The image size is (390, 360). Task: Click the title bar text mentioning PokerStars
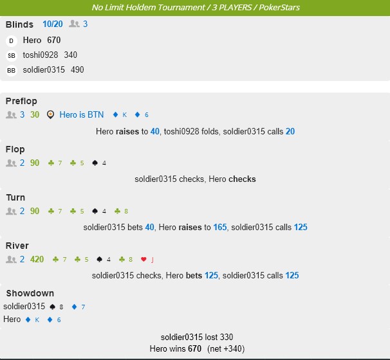(196, 8)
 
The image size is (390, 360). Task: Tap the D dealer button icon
(11, 40)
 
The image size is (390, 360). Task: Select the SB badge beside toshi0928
(11, 55)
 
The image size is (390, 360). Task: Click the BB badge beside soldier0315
(11, 70)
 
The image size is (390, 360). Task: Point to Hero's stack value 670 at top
(53, 40)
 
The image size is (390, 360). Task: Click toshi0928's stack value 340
(70, 55)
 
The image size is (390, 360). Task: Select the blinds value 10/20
(53, 24)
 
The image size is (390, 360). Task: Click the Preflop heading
(21, 101)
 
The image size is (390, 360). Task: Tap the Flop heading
(15, 149)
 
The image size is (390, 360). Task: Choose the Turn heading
(15, 197)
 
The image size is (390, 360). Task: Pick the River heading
(17, 246)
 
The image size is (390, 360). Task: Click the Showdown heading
(30, 294)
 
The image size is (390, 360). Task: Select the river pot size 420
(37, 259)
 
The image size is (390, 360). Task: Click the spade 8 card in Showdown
(57, 307)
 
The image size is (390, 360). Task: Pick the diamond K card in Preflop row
(120, 115)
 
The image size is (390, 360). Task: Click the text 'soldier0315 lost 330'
(196, 337)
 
